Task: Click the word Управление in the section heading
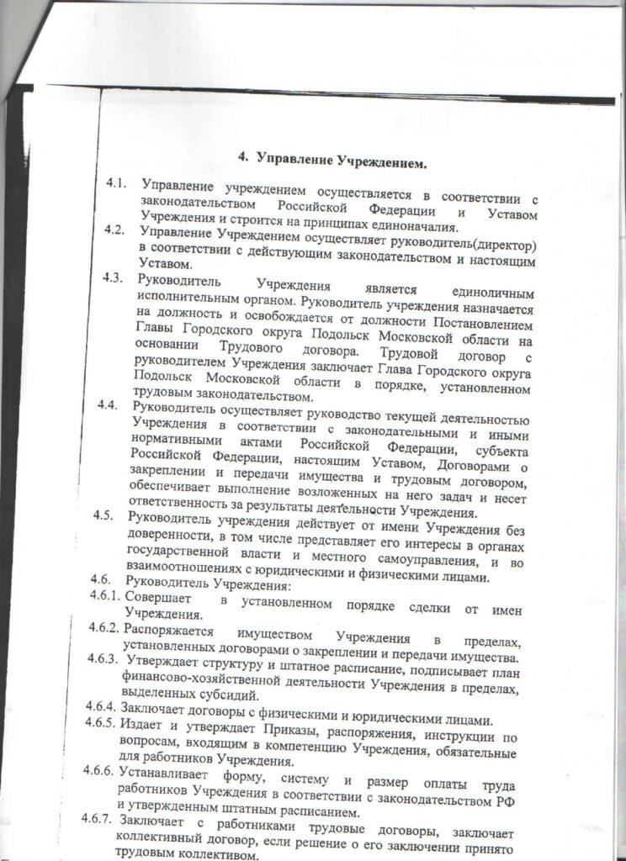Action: (x=294, y=159)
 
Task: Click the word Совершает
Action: (x=156, y=600)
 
